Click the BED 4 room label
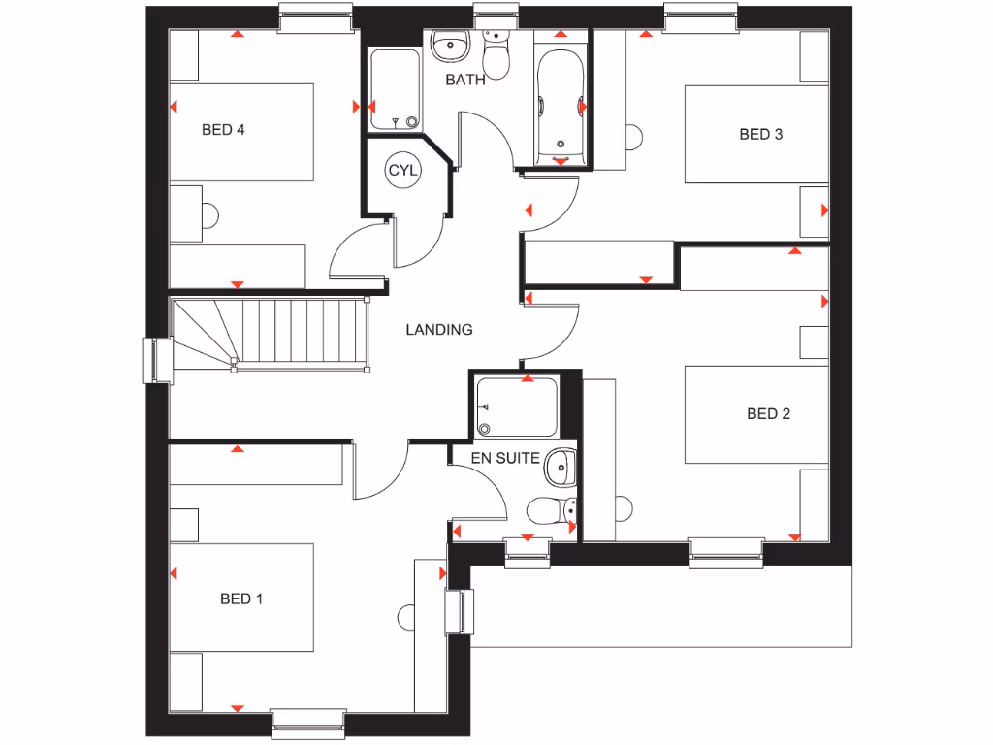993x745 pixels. [x=223, y=130]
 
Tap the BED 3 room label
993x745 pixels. [x=760, y=135]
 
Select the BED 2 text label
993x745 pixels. [x=768, y=414]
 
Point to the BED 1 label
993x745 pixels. [x=241, y=599]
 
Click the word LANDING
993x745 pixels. [x=438, y=330]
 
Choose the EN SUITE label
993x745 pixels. [x=505, y=458]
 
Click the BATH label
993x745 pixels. [x=465, y=81]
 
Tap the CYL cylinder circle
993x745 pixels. [x=402, y=171]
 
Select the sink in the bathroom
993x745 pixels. [x=449, y=45]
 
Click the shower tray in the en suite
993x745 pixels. [x=517, y=407]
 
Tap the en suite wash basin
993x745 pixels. [x=559, y=467]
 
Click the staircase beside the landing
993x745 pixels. [x=272, y=333]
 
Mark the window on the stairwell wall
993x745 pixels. [x=155, y=359]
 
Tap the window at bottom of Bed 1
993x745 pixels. [x=308, y=719]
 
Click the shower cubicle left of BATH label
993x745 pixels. [x=395, y=89]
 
